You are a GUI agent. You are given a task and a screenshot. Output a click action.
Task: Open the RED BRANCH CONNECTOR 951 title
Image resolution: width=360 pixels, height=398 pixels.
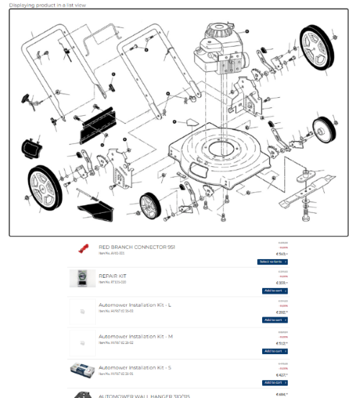[x=136, y=247]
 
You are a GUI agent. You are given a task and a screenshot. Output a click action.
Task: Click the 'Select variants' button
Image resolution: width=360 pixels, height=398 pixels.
[x=273, y=261]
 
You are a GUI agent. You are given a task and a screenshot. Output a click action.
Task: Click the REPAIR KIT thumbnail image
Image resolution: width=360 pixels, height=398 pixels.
[x=83, y=279]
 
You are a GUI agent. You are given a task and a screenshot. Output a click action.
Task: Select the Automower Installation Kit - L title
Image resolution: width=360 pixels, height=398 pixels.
[x=135, y=304]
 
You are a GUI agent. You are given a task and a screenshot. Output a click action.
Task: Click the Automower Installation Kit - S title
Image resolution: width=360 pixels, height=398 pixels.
[x=135, y=367]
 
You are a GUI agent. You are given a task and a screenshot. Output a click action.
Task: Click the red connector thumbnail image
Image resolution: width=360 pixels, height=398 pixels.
[x=83, y=249]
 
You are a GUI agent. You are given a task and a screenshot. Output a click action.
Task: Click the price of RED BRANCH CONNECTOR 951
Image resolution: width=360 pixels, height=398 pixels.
[x=282, y=254]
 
